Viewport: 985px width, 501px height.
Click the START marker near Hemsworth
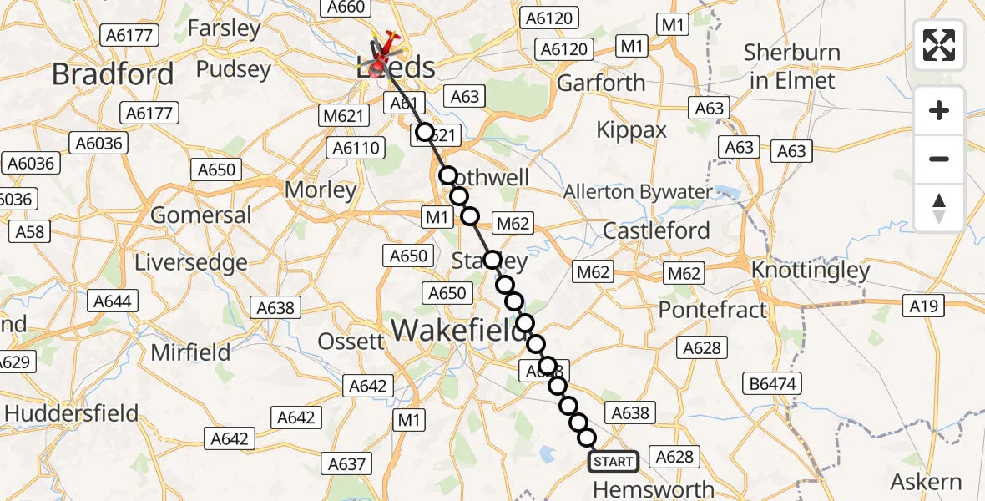pos(614,461)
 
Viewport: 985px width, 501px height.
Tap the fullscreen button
pos(939,45)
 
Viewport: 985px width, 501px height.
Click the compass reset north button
pos(939,208)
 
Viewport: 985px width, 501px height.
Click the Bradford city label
pos(113,73)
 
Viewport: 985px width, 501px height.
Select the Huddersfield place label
pos(72,413)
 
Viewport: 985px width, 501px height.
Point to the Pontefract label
pos(712,310)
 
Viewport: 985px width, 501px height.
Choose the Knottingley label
pos(811,270)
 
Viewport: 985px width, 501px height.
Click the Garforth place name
pos(601,83)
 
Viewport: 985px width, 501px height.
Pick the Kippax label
pos(632,130)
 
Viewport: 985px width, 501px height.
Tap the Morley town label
pos(321,190)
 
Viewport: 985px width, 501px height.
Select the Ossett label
pos(351,340)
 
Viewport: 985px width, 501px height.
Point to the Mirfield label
pos(190,352)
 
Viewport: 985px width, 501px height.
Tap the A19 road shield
pos(923,306)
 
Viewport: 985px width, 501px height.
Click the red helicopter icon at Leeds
pos(386,46)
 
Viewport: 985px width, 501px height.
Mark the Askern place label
pos(927,482)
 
